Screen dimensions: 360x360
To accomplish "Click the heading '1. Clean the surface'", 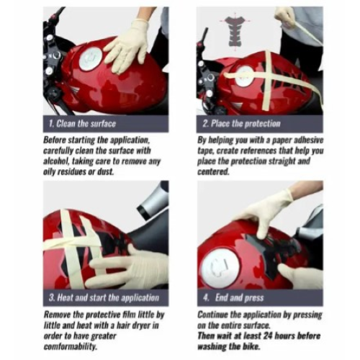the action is pyautogui.click(x=82, y=124).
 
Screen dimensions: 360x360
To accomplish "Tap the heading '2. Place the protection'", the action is pyautogui.click(x=241, y=124).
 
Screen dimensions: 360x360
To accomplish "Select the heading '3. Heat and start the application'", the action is pyautogui.click(x=104, y=298).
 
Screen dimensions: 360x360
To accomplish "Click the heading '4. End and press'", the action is pyautogui.click(x=233, y=298).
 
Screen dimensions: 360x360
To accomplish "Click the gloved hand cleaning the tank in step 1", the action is pyautogui.click(x=127, y=45).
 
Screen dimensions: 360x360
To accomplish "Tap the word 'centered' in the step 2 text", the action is pyautogui.click(x=213, y=172).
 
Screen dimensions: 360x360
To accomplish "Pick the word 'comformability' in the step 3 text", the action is pyautogui.click(x=71, y=347).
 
